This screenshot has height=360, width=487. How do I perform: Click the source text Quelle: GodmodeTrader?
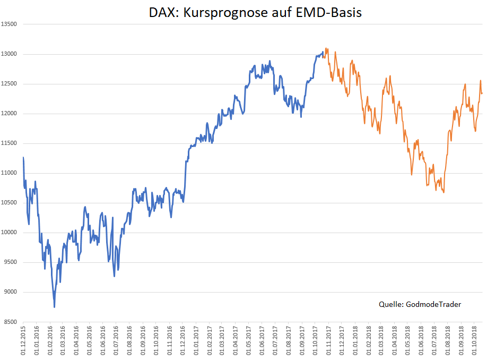click(420, 304)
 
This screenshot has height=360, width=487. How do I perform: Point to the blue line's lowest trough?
click(54, 307)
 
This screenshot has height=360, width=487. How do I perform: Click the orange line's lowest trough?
click(443, 192)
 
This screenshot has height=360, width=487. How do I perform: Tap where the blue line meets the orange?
click(323, 53)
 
